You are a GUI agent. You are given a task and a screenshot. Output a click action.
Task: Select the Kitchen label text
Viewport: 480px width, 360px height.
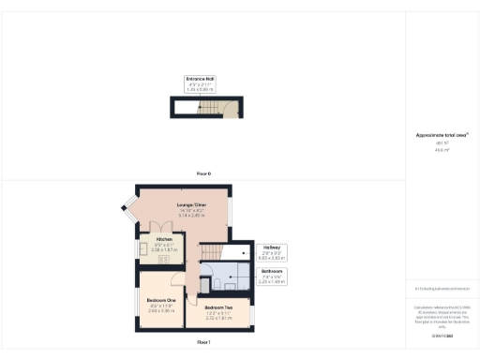tap(164, 239)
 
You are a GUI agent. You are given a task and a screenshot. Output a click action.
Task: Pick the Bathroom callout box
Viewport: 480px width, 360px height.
tap(273, 277)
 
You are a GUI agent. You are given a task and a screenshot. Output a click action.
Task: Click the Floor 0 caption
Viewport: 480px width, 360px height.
tap(203, 174)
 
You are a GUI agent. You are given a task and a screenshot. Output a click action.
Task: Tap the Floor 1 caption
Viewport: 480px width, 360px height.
tap(203, 344)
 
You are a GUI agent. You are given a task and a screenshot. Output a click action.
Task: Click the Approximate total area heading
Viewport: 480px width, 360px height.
tap(442, 136)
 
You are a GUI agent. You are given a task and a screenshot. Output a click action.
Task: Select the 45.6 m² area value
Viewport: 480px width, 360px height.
tap(442, 149)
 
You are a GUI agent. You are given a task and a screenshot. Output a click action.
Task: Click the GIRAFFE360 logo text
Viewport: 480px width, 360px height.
tap(442, 334)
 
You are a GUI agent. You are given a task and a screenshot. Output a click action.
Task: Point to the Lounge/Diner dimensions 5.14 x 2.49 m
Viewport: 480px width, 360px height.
tap(191, 215)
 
